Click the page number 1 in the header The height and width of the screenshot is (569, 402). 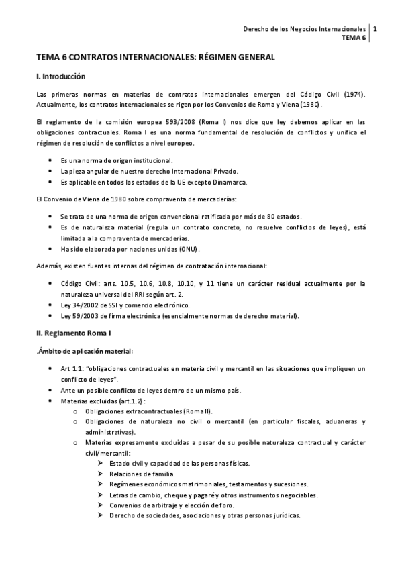click(374, 30)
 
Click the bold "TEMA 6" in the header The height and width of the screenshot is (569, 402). click(354, 38)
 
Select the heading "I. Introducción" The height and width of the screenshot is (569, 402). click(60, 77)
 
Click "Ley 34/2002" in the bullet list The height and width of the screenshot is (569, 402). click(77, 305)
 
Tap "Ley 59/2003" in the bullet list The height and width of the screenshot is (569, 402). click(77, 315)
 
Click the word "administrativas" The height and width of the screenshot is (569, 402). click(108, 432)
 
